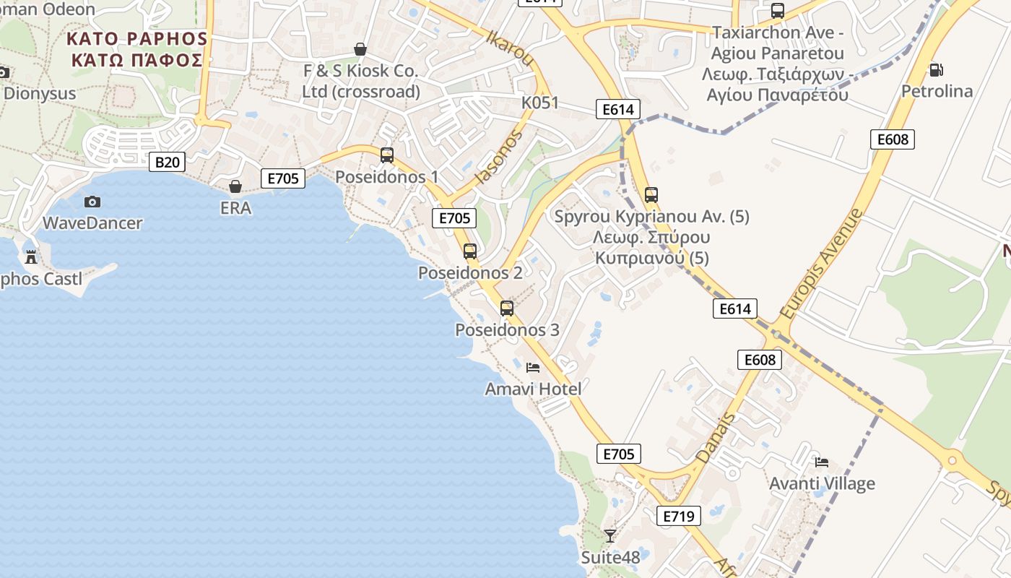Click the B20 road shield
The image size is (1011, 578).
[x=168, y=162]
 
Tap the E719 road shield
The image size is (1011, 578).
[x=679, y=515]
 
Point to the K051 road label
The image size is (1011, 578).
[x=540, y=103]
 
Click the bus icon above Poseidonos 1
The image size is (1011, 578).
[x=387, y=155]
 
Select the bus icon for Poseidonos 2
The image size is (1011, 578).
[x=470, y=251]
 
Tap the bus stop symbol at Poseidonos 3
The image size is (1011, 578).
[x=507, y=309]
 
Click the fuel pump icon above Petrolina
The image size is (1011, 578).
[x=937, y=70]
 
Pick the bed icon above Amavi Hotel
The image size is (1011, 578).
[x=533, y=368]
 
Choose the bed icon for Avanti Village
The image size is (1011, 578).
[x=822, y=462]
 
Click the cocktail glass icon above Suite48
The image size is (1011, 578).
[x=610, y=535]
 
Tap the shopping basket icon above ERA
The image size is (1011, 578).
[x=235, y=186]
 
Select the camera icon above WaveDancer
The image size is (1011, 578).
[x=92, y=202]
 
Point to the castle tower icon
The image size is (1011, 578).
[x=31, y=256]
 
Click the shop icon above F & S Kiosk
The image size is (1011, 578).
[x=360, y=49]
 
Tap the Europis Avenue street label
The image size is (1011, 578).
[x=820, y=265]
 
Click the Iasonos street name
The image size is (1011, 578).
[x=498, y=159]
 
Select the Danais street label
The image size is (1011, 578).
[x=715, y=438]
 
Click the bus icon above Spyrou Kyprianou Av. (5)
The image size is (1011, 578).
[x=651, y=195]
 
